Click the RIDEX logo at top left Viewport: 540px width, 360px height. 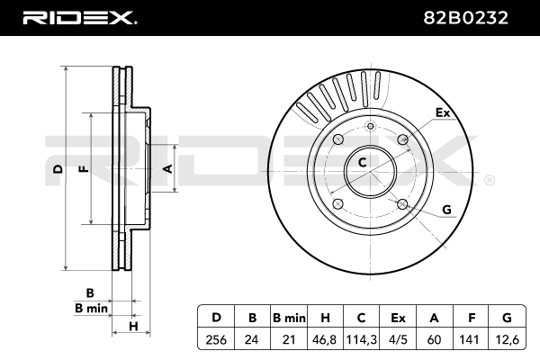(79, 18)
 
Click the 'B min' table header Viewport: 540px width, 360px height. (289, 317)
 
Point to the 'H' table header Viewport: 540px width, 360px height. (327, 317)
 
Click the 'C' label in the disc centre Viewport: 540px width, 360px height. (362, 162)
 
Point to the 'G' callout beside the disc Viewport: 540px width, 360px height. (445, 211)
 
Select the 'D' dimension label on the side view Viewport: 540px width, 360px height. (57, 168)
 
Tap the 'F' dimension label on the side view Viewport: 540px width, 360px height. (82, 168)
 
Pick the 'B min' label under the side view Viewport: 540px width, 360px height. (91, 308)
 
